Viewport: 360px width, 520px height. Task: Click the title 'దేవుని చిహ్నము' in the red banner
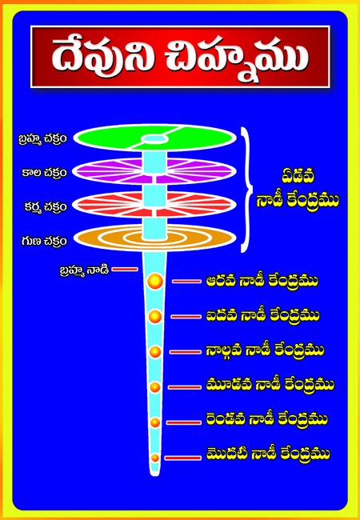click(x=180, y=57)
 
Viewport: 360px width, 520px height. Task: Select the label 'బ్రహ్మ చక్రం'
click(x=42, y=139)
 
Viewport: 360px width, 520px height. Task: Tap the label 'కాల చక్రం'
click(x=44, y=173)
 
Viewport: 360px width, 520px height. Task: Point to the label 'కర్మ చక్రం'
click(x=46, y=207)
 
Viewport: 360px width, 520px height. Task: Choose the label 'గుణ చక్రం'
click(x=44, y=241)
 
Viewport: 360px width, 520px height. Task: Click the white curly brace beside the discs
click(x=250, y=190)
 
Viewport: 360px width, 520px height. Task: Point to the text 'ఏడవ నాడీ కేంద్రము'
click(x=298, y=190)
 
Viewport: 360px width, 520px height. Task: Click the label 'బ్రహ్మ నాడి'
click(x=84, y=270)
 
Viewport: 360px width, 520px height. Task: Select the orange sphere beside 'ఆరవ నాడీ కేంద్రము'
click(x=155, y=282)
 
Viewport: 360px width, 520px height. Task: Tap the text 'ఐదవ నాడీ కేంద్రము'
click(x=262, y=316)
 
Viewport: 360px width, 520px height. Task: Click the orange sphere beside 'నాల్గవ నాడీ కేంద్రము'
click(x=155, y=351)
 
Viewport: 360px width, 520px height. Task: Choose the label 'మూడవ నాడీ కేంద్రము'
click(x=270, y=386)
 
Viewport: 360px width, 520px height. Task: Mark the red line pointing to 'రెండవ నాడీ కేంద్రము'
click(x=184, y=422)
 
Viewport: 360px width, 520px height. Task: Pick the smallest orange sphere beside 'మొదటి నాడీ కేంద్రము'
click(x=155, y=458)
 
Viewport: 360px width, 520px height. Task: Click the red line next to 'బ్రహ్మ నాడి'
click(x=125, y=269)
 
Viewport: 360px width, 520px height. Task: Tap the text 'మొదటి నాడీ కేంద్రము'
click(x=268, y=454)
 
